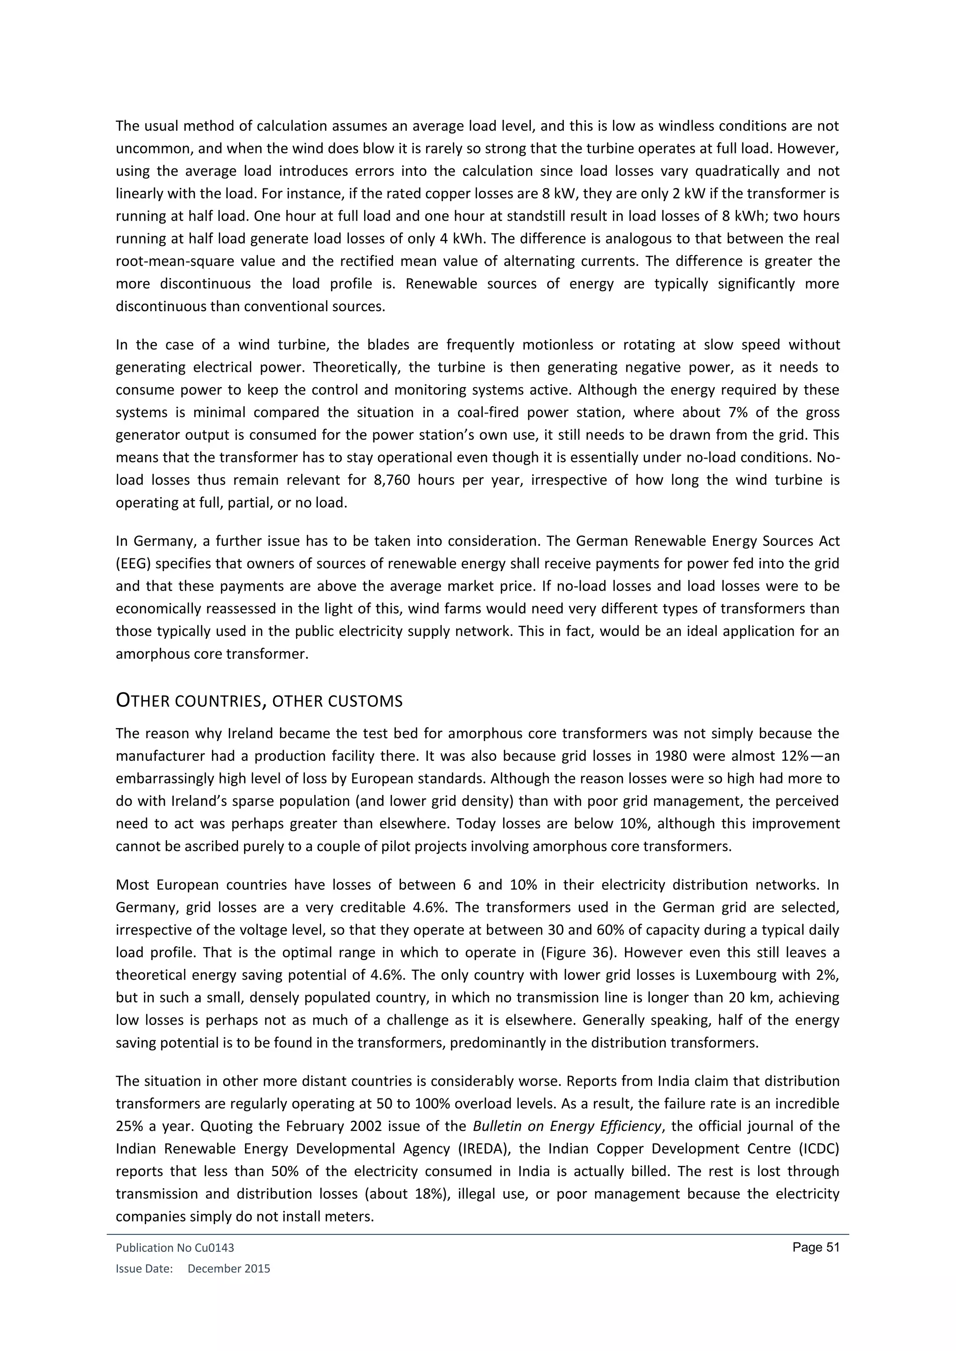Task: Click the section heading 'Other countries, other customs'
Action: tap(259, 701)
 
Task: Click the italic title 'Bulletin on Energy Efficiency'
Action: tap(568, 1126)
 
